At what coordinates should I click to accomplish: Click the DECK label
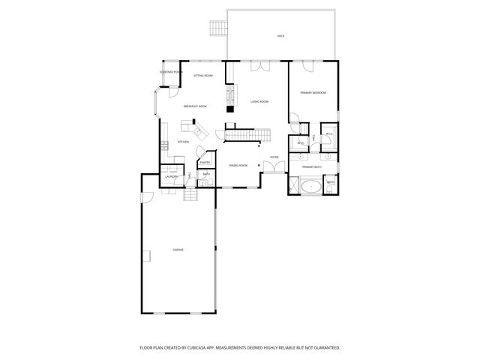pyautogui.click(x=280, y=36)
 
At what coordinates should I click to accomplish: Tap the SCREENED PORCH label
pyautogui.click(x=171, y=72)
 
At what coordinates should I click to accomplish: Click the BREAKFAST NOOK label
pyautogui.click(x=195, y=106)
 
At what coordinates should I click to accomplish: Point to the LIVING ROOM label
pyautogui.click(x=259, y=101)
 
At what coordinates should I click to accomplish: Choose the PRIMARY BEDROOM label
pyautogui.click(x=313, y=92)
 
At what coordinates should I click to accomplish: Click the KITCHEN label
pyautogui.click(x=183, y=142)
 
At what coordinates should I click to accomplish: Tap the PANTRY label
pyautogui.click(x=205, y=162)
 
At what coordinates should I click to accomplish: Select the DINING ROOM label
pyautogui.click(x=238, y=165)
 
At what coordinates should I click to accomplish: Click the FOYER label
pyautogui.click(x=274, y=157)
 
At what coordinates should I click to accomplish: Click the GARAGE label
pyautogui.click(x=178, y=250)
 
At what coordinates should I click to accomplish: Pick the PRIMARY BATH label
pyautogui.click(x=312, y=167)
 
